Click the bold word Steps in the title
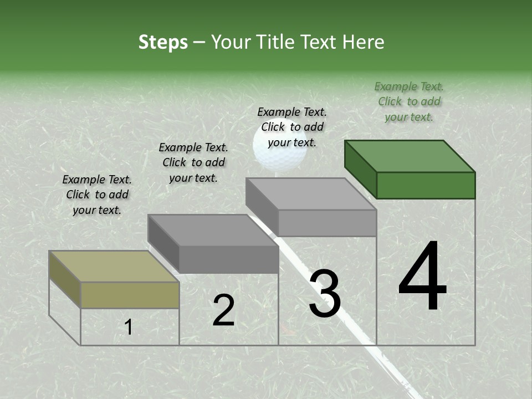[163, 42]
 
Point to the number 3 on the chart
[325, 294]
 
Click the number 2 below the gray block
[223, 310]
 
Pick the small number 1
[129, 328]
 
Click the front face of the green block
[426, 185]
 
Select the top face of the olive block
[114, 266]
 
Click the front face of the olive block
[130, 295]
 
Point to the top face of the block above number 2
[213, 230]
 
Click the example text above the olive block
[97, 195]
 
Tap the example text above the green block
[409, 101]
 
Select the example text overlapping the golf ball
[292, 127]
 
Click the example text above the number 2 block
[193, 162]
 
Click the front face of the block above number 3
[327, 223]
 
